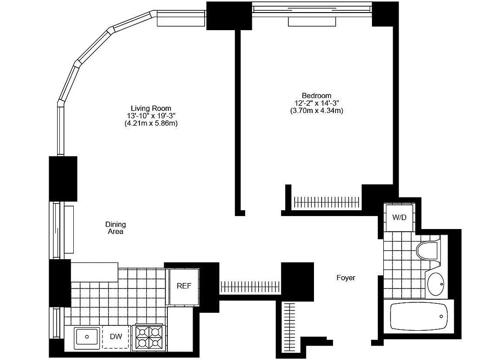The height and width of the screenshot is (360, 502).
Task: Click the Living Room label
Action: tap(151, 108)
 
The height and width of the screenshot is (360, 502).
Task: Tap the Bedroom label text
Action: tap(316, 95)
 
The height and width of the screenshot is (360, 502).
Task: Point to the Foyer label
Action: tap(345, 278)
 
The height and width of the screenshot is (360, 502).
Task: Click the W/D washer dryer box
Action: tap(399, 218)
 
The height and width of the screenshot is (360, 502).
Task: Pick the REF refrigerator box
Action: tap(183, 286)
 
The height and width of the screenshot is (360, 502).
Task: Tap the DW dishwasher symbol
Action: tap(116, 337)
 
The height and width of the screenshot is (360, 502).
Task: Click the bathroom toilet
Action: tap(428, 250)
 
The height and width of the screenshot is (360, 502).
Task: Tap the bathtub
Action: tap(418, 316)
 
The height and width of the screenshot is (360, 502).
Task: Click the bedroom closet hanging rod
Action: tap(327, 202)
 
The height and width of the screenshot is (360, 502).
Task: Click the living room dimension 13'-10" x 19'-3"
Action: tap(151, 116)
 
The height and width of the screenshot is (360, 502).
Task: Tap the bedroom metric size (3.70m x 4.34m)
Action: tap(316, 110)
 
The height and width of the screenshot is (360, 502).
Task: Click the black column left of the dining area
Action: tap(63, 178)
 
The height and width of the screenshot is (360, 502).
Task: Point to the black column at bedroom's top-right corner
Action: tap(385, 14)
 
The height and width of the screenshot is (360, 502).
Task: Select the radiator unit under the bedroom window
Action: tap(311, 22)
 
